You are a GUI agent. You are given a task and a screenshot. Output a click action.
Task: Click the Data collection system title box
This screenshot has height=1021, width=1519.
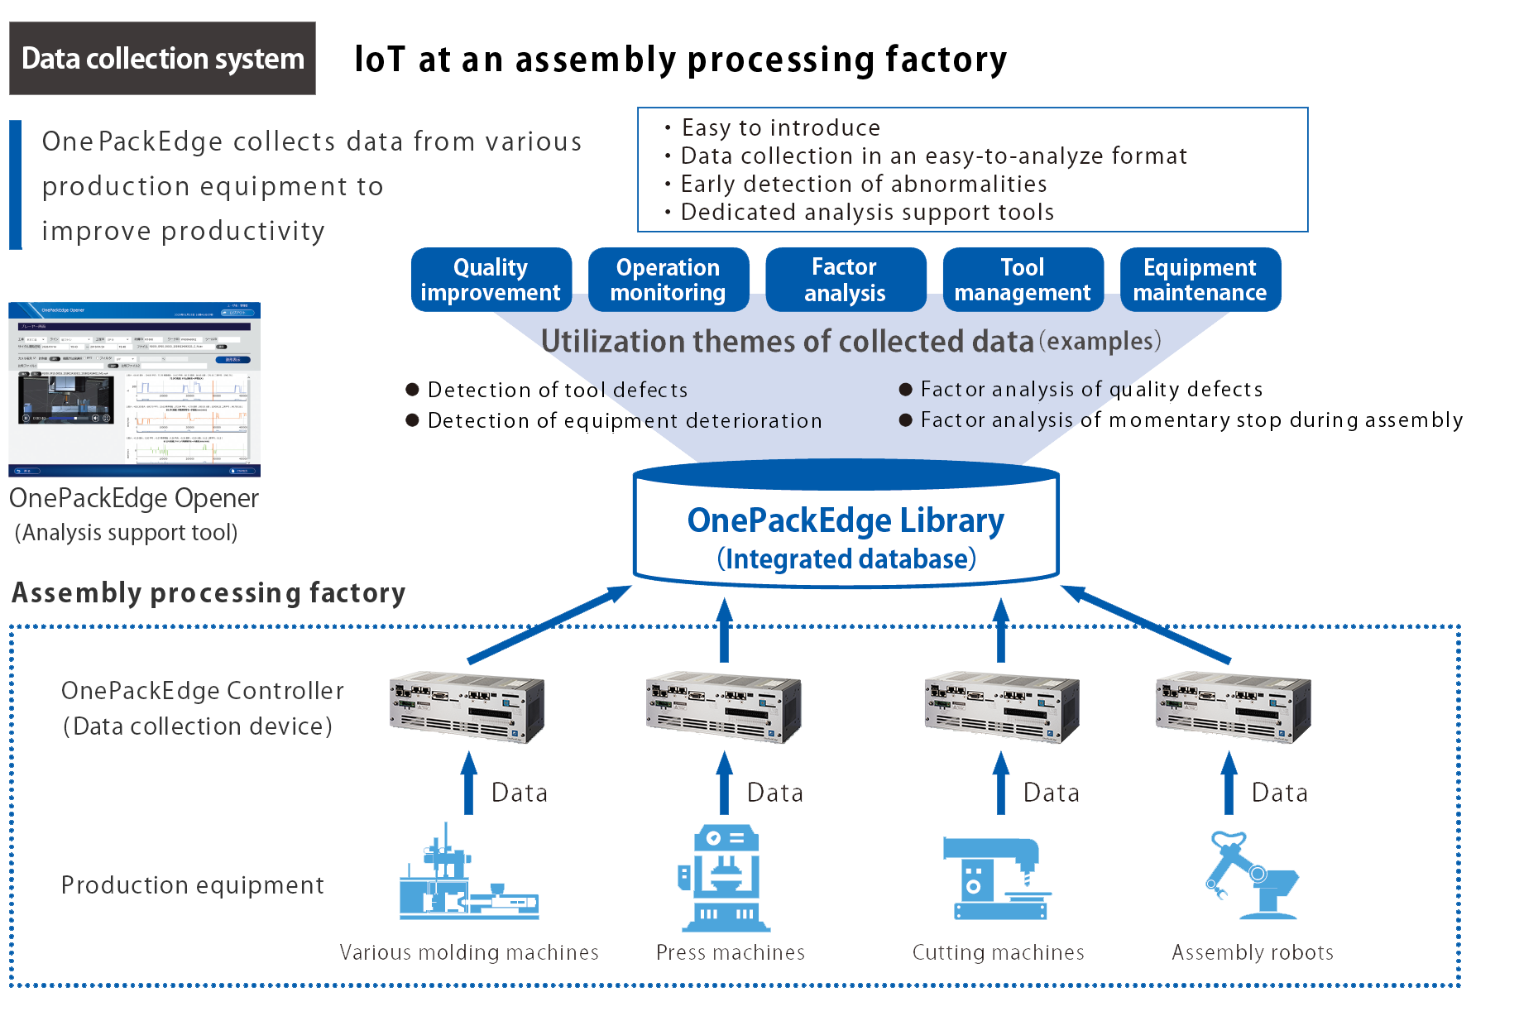tap(162, 59)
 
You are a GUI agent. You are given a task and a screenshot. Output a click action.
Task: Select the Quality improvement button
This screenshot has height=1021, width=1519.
tap(491, 280)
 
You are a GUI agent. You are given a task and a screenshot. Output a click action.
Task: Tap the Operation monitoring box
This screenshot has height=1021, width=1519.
tap(668, 280)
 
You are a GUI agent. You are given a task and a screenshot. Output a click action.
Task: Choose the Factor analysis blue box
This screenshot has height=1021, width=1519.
tap(845, 280)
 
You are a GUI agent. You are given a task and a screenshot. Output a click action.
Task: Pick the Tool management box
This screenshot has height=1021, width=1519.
tap(1023, 280)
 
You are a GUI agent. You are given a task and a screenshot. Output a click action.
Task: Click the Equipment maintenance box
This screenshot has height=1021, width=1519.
tap(1200, 280)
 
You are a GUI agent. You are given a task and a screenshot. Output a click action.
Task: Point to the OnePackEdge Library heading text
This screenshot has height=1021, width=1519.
tap(846, 520)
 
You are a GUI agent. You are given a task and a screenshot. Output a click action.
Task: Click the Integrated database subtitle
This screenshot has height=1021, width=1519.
tap(846, 559)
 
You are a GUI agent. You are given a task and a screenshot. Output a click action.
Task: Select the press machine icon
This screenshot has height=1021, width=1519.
tap(724, 877)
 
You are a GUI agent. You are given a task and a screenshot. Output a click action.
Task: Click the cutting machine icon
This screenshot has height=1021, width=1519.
tap(997, 877)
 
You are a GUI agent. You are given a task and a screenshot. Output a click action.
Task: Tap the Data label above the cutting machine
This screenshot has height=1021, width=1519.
tap(1051, 793)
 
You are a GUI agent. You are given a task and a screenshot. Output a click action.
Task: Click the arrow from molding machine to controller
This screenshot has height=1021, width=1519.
tap(469, 783)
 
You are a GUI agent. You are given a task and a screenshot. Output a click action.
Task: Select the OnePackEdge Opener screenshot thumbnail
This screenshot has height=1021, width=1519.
tap(135, 389)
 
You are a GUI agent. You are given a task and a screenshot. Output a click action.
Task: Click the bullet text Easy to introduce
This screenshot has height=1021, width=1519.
tap(780, 127)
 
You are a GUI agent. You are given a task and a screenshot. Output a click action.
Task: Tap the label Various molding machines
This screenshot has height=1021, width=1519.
tap(469, 952)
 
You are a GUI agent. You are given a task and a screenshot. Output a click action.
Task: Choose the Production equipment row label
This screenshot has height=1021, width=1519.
tap(192, 885)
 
